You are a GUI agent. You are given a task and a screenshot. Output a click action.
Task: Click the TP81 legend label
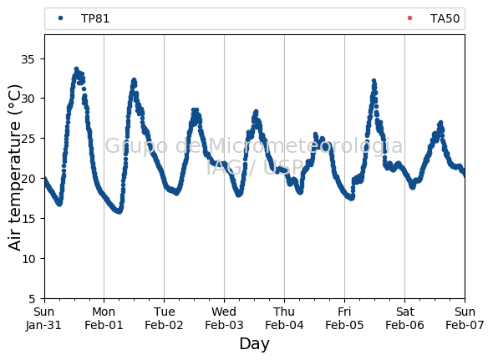pyautogui.click(x=95, y=18)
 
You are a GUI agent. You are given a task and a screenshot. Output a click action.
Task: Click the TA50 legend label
pyautogui.click(x=445, y=18)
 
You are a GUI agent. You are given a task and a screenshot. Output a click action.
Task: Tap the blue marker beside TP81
pyautogui.click(x=61, y=18)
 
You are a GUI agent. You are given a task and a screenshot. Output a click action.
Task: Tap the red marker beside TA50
pyautogui.click(x=409, y=18)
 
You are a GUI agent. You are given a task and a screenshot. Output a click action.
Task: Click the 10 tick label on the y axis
pyautogui.click(x=28, y=259)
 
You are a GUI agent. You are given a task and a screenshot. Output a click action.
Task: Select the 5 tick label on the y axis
pyautogui.click(x=32, y=299)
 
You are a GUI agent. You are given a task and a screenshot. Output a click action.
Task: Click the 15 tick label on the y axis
pyautogui.click(x=28, y=219)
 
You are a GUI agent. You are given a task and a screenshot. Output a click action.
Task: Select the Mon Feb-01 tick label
pyautogui.click(x=104, y=318)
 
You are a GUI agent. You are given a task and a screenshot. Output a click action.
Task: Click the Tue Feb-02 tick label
pyautogui.click(x=164, y=318)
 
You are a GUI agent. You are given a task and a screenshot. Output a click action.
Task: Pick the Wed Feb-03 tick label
pyautogui.click(x=224, y=318)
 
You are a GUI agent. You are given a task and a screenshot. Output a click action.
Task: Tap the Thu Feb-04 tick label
pyautogui.click(x=284, y=318)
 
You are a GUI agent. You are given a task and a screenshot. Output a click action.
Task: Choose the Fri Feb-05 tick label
pyautogui.click(x=344, y=318)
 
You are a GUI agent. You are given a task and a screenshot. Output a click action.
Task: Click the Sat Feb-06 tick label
pyautogui.click(x=404, y=318)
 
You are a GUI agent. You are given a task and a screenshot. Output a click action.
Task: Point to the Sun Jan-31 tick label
pyautogui.click(x=43, y=318)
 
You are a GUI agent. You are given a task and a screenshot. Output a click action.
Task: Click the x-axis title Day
pyautogui.click(x=254, y=344)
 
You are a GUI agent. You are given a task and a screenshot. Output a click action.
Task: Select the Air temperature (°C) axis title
pyautogui.click(x=14, y=168)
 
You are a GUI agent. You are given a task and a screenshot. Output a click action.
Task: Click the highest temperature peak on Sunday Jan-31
pyautogui.click(x=76, y=68)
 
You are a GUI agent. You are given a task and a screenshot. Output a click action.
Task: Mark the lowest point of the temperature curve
pyautogui.click(x=119, y=211)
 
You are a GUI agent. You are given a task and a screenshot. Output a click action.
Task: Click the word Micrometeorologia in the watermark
pyautogui.click(x=305, y=146)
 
